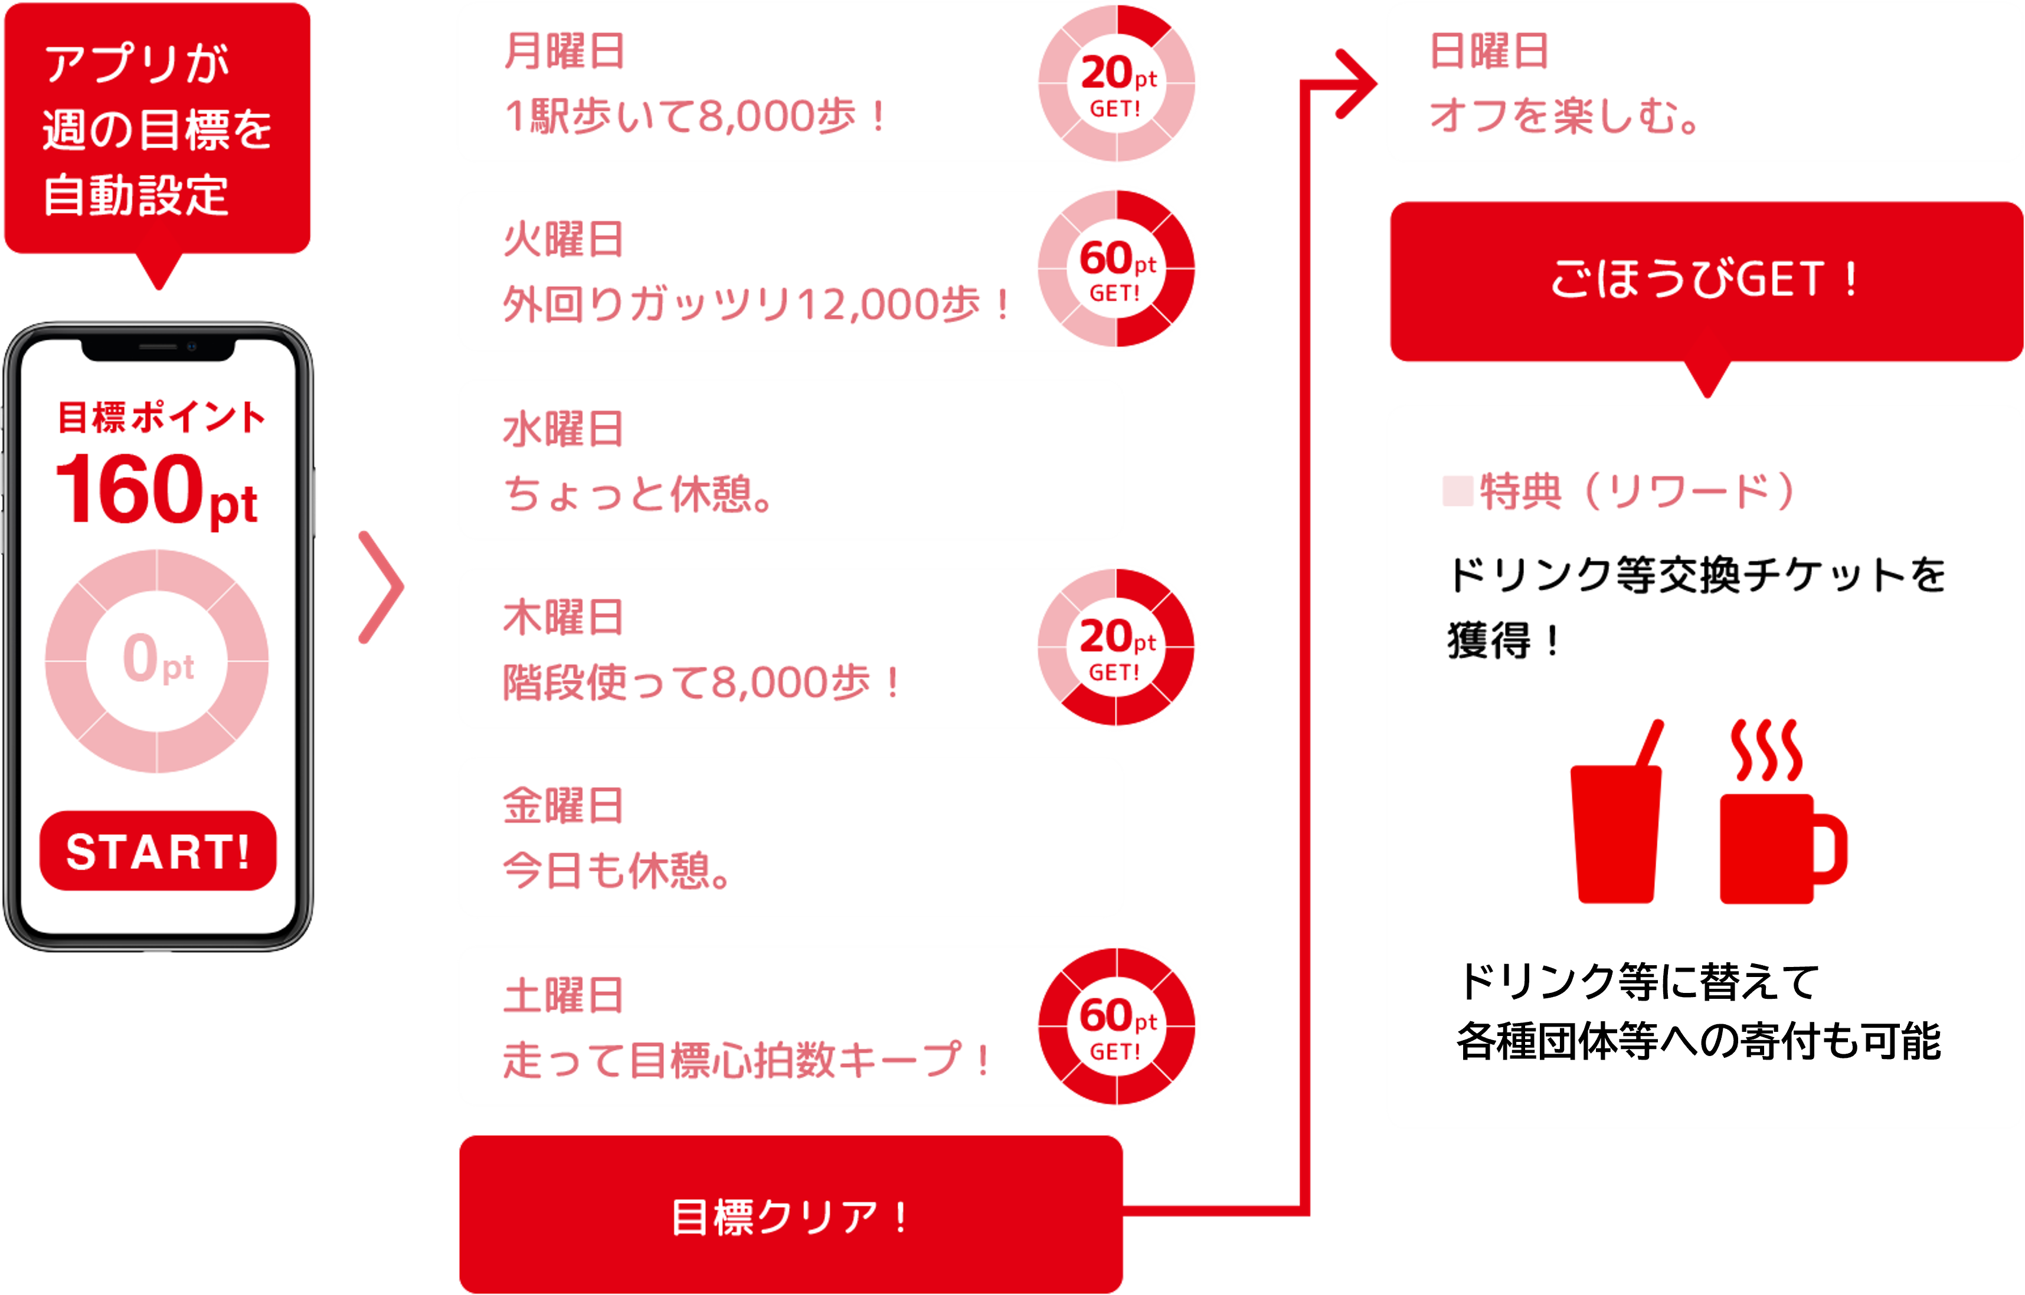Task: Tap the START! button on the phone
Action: [x=158, y=851]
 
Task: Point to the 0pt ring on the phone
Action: [x=158, y=660]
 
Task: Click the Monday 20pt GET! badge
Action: [x=1117, y=84]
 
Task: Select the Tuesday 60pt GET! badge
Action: [x=1117, y=269]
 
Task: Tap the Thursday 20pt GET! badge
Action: [x=1117, y=648]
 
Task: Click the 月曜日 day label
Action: [x=564, y=51]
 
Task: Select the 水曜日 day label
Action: [x=564, y=430]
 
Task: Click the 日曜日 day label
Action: [x=1489, y=51]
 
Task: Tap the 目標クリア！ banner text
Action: [x=791, y=1217]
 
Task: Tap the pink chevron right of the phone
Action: [x=383, y=587]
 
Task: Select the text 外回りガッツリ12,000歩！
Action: [x=757, y=304]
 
